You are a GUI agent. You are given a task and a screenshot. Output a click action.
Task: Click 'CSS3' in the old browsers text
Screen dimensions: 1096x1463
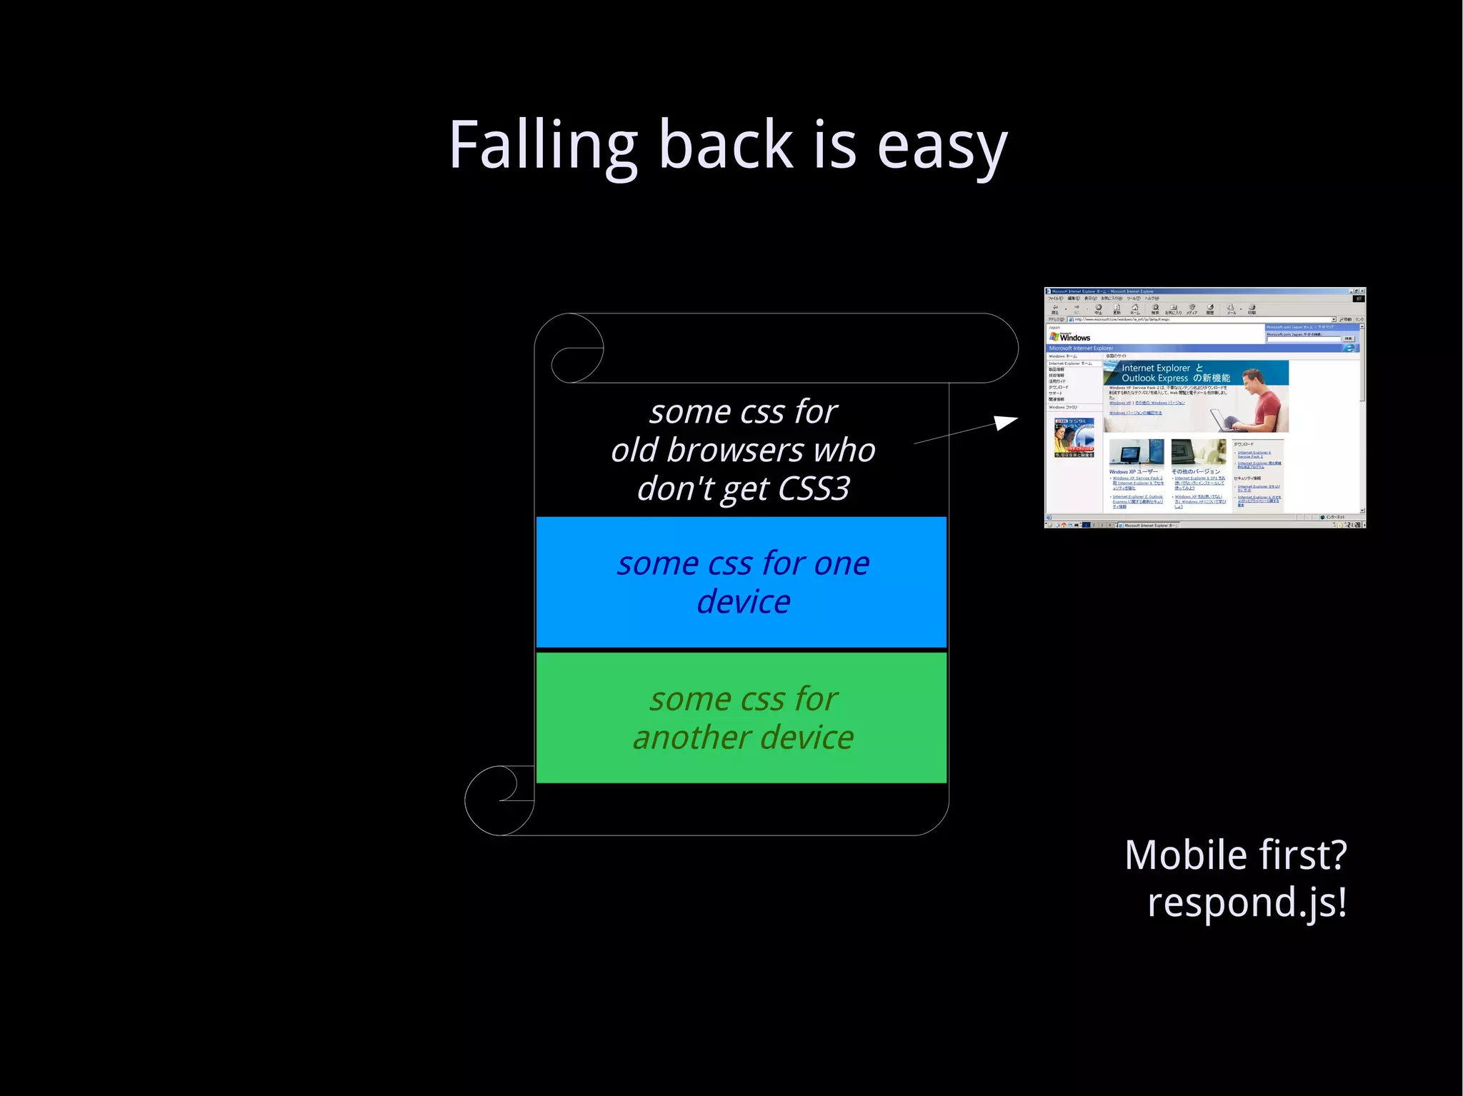[814, 489]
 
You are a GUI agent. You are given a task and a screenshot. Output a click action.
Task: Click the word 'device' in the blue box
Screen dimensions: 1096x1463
[743, 602]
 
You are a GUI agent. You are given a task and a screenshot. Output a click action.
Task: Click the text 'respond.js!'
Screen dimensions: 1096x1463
[1247, 903]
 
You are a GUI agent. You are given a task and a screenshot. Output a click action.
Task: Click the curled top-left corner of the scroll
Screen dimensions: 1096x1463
[571, 349]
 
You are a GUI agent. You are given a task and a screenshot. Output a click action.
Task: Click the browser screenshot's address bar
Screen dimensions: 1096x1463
[1200, 319]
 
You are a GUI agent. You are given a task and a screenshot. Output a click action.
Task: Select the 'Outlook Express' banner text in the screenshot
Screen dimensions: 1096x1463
[1154, 378]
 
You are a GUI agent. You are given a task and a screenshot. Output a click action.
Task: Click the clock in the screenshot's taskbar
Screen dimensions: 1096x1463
[1352, 525]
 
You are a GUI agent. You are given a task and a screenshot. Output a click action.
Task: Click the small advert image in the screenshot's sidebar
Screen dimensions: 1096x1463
[1074, 437]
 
